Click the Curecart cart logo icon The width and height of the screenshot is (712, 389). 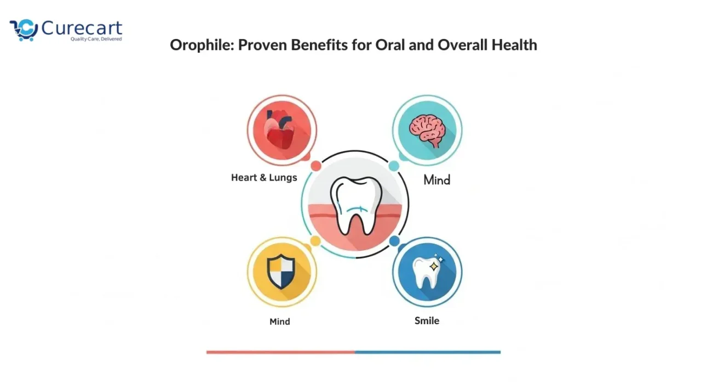[24, 30]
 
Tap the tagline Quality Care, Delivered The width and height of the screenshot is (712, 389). [96, 39]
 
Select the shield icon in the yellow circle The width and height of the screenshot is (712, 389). [281, 272]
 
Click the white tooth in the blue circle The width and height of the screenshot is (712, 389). [424, 273]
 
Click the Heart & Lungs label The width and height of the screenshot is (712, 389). [264, 178]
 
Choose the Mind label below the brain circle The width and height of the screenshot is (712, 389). [437, 179]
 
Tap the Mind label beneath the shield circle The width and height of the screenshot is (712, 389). [279, 322]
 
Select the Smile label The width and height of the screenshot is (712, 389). [427, 320]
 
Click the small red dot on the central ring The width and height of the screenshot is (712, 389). [315, 166]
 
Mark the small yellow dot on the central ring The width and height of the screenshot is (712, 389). [315, 241]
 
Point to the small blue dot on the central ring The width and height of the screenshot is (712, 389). [394, 241]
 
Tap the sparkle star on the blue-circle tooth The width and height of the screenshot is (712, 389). [434, 265]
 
